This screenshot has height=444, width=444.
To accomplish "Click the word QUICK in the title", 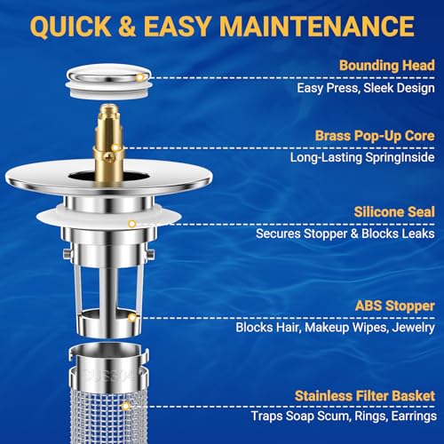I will (x=66, y=25).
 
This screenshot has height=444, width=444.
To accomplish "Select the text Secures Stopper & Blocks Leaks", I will (x=345, y=234).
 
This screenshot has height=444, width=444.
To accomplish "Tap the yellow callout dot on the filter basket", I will (x=128, y=404).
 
